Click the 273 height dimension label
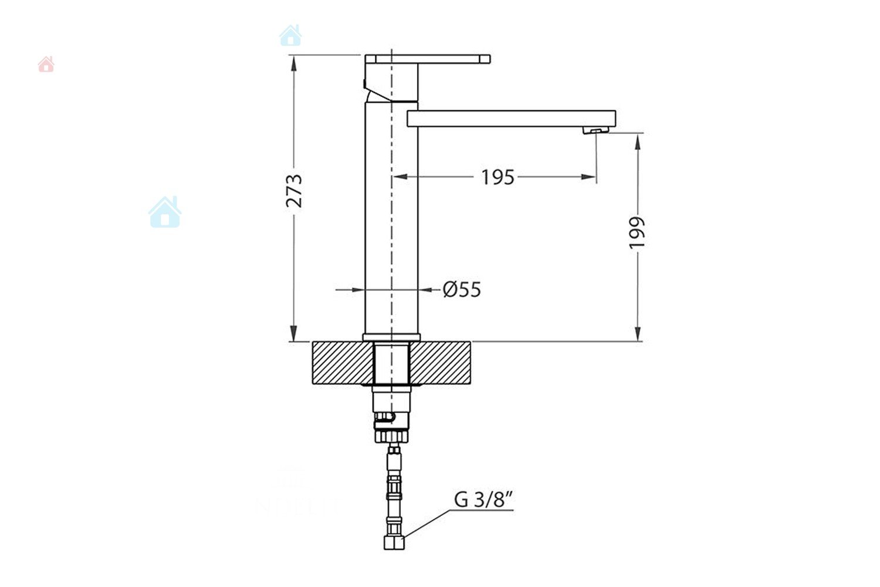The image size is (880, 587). [x=295, y=191]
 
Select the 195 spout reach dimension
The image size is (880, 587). [x=497, y=177]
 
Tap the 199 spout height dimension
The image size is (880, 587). [x=637, y=232]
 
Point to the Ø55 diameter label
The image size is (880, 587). [x=462, y=290]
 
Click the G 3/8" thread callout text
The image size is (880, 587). [x=483, y=500]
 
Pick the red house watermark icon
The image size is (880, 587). [x=46, y=64]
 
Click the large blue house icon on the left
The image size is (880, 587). [x=165, y=212]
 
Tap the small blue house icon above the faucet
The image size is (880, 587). [x=291, y=35]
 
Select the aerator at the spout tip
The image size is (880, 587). [x=595, y=130]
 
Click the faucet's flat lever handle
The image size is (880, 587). [x=428, y=59]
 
